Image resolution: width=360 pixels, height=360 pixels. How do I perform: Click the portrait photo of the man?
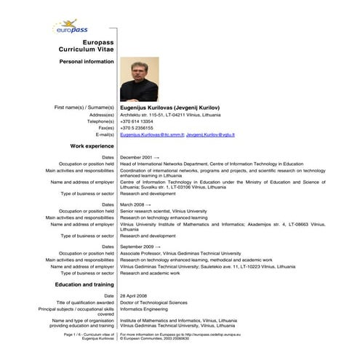[x=138, y=79]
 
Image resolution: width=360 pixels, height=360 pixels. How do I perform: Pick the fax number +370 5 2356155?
[x=137, y=128]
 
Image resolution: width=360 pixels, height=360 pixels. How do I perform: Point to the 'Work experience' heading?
[x=92, y=147]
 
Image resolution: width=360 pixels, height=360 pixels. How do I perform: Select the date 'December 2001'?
[x=136, y=157]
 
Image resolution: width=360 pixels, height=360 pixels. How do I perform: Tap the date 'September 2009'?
[x=137, y=247]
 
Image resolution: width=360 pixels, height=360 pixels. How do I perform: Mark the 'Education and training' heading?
[x=84, y=284]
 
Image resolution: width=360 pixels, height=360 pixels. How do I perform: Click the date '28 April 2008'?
[x=135, y=296]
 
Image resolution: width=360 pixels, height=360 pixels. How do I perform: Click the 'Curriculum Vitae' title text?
[x=87, y=49]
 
